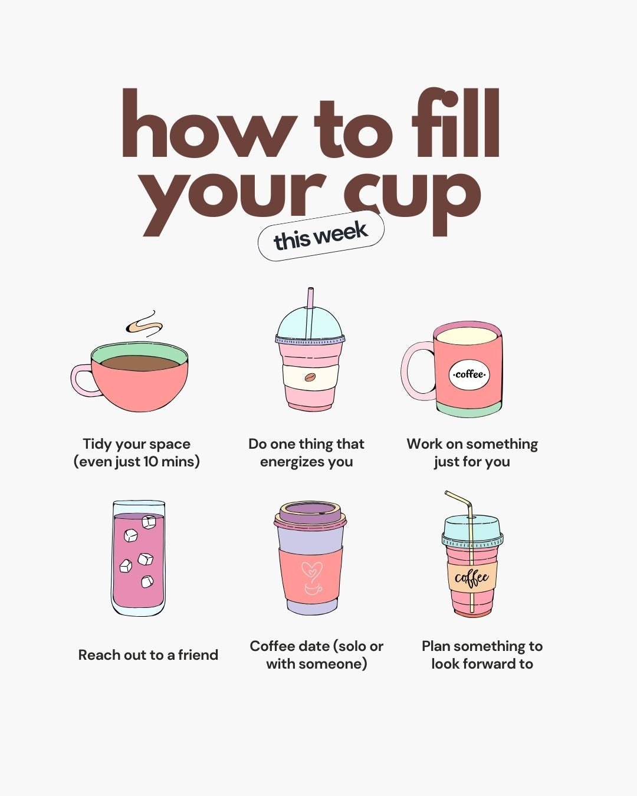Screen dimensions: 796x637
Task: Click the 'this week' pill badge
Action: [x=321, y=236]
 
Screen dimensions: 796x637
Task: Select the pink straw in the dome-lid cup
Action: [x=310, y=307]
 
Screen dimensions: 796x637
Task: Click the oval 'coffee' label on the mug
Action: [x=469, y=374]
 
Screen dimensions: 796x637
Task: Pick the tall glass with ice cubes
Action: [x=139, y=559]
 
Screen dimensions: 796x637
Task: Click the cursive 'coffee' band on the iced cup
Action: [x=472, y=577]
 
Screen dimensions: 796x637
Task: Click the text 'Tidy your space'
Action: [x=136, y=444]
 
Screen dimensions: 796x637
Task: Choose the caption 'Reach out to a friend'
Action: [x=148, y=655]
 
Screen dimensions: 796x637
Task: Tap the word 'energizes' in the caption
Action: [x=290, y=462]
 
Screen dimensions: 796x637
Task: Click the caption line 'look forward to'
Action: [x=482, y=664]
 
